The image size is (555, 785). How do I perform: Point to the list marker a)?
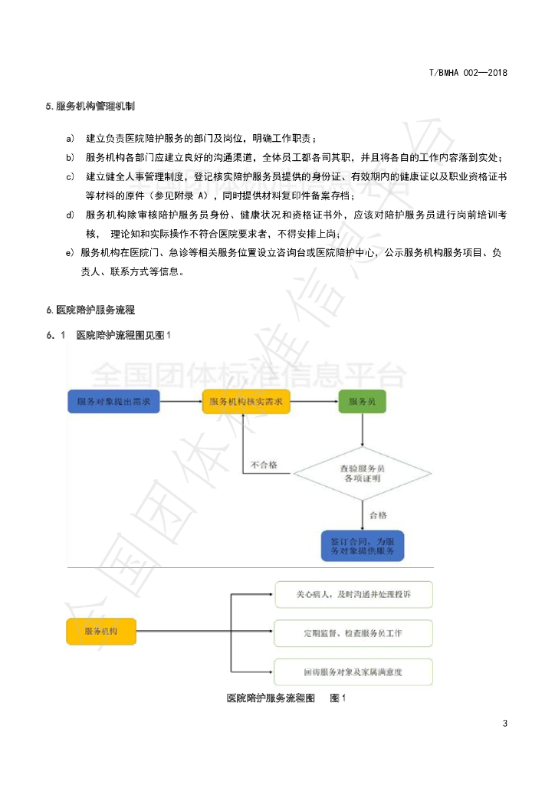tap(70, 139)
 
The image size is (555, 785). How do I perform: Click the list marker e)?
tap(70, 252)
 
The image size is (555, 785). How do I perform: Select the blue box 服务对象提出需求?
tap(113, 402)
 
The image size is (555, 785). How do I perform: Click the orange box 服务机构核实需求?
tap(246, 402)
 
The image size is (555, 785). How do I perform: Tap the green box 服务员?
tap(362, 402)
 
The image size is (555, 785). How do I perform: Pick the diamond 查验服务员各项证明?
tap(362, 473)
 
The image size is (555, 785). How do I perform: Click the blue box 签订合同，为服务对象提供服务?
tap(362, 545)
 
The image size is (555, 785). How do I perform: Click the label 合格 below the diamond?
tap(377, 515)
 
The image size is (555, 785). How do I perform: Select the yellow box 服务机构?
tap(101, 632)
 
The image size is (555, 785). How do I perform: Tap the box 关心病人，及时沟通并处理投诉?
tap(353, 594)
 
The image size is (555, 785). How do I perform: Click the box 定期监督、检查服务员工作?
tap(353, 633)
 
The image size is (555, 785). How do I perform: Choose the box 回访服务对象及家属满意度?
tap(353, 672)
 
